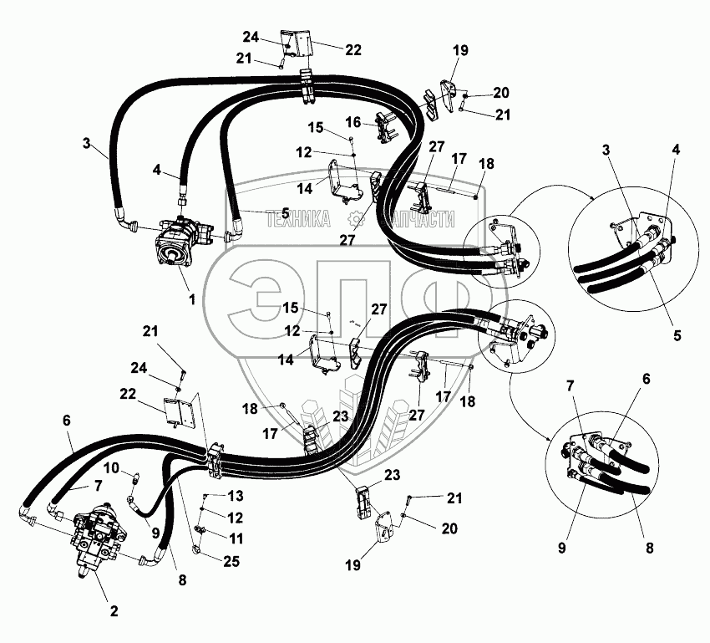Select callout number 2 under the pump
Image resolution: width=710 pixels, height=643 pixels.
(x=114, y=611)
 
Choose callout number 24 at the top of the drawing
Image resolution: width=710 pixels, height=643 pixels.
(x=251, y=36)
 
